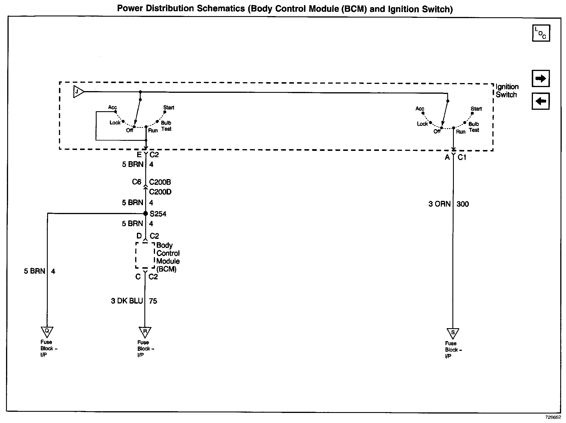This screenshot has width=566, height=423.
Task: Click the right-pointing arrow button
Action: coord(541,78)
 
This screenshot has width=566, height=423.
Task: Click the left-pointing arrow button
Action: coord(541,101)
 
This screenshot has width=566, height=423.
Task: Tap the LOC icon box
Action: coord(541,33)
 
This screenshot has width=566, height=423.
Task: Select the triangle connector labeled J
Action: coord(78,92)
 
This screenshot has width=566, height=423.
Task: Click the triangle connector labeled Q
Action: coord(47,332)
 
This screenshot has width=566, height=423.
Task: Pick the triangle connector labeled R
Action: coord(145,332)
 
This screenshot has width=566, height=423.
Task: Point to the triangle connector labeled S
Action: coord(453,333)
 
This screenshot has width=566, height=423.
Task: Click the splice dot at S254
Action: coord(146,214)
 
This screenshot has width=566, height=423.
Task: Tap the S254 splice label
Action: coord(158,214)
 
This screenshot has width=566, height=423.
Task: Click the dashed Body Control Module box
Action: coord(145,255)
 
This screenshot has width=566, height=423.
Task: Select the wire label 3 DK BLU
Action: coord(127,301)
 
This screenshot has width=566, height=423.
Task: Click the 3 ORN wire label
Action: coord(439,204)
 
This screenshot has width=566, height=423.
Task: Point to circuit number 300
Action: coord(462,204)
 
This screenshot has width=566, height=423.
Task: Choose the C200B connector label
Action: coord(160,182)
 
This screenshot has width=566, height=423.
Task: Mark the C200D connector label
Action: coord(160,192)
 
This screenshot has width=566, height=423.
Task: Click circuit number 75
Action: coord(153,301)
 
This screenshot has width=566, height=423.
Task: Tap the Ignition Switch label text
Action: coord(507,91)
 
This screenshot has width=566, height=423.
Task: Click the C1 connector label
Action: coord(462,157)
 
